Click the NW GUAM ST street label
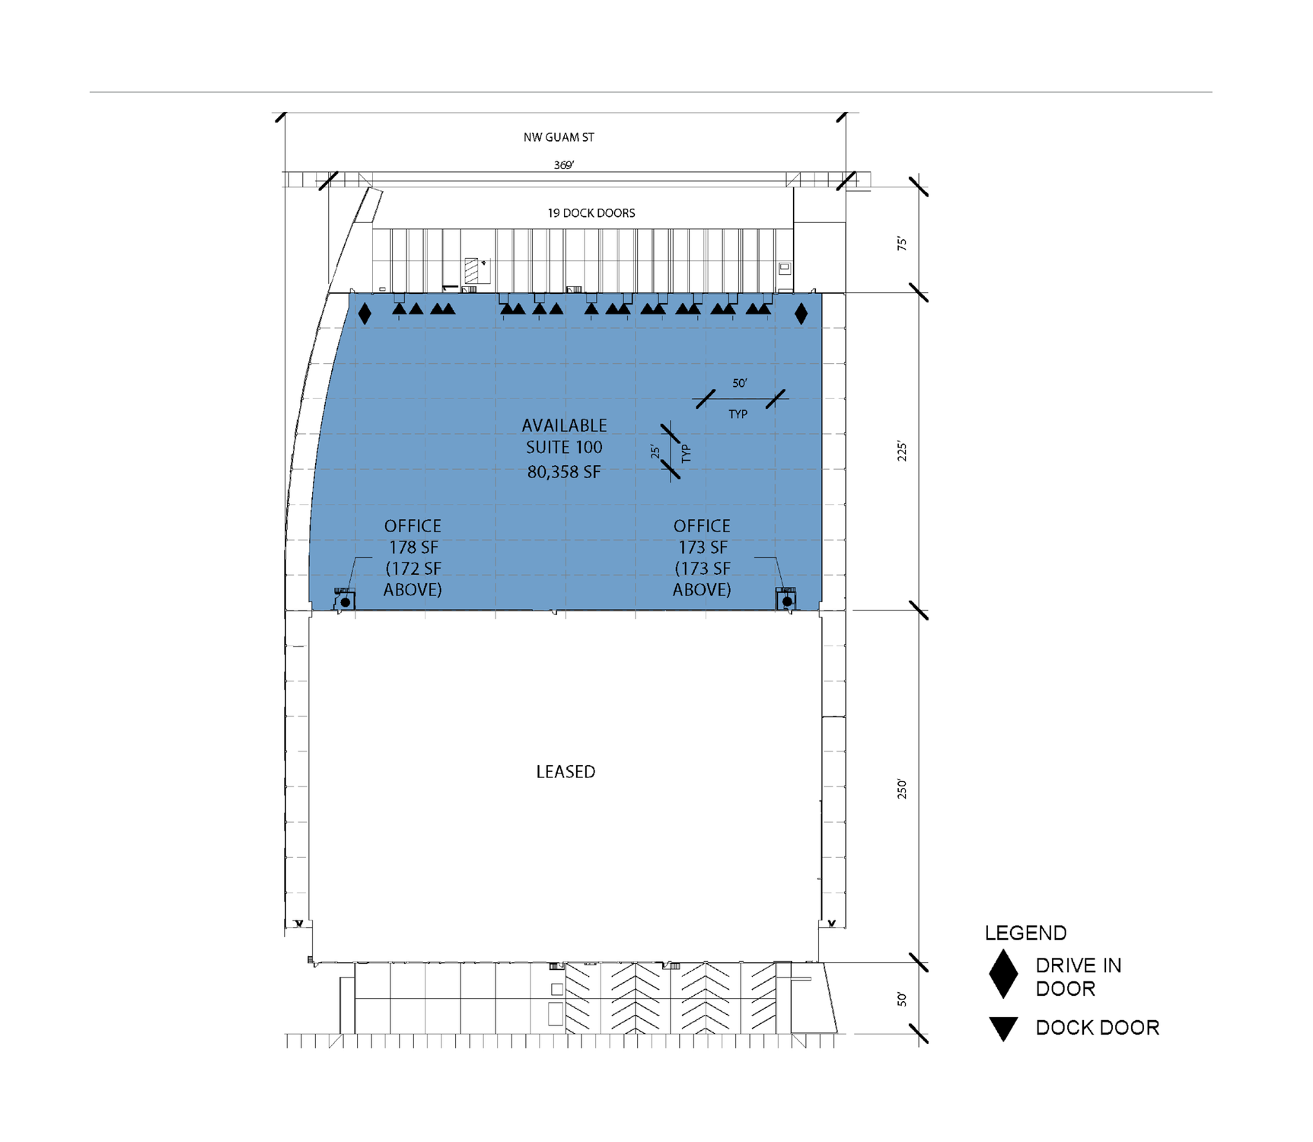[x=559, y=137]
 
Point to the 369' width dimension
[x=564, y=165]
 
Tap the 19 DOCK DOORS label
[x=591, y=213]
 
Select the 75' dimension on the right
[x=902, y=244]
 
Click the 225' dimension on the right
[x=902, y=451]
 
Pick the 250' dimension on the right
[x=902, y=788]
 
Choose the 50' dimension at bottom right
[x=902, y=999]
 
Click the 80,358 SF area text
[x=564, y=472]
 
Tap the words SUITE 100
[x=564, y=447]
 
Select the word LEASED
[x=566, y=772]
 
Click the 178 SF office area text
[x=413, y=547]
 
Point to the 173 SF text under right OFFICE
[x=703, y=547]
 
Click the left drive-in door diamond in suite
[x=365, y=314]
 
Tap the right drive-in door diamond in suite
[x=801, y=314]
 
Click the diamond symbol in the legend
[x=1003, y=974]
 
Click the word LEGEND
[x=1025, y=933]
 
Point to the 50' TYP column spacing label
[x=739, y=384]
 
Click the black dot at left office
[x=346, y=602]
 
